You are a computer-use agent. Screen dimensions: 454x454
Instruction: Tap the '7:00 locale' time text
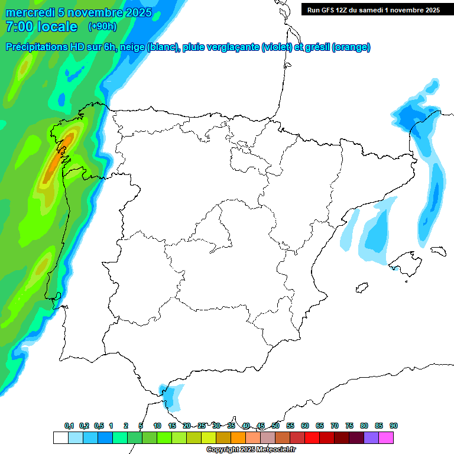click(x=41, y=27)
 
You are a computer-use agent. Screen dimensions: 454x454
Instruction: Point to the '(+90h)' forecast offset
click(x=102, y=27)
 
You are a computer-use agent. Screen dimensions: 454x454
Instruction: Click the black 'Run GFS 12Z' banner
click(x=373, y=9)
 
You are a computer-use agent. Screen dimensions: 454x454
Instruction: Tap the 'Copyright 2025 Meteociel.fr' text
click(x=251, y=450)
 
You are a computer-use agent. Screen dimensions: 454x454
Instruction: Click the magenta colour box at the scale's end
click(x=386, y=437)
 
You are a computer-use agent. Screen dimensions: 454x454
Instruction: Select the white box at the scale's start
click(x=60, y=437)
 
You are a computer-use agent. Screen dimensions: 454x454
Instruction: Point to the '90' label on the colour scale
click(x=393, y=426)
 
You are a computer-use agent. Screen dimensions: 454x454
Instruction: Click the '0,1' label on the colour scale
click(x=69, y=426)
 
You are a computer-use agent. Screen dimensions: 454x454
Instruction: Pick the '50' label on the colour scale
click(x=275, y=426)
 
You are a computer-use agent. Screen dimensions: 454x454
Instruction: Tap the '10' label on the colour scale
click(x=157, y=426)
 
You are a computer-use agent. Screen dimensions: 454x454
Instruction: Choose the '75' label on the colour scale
click(x=349, y=426)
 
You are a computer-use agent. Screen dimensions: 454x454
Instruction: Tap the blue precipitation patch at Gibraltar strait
click(x=172, y=396)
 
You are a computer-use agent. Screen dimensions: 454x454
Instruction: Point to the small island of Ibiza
click(x=361, y=288)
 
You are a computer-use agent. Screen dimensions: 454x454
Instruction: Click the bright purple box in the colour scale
click(x=371, y=437)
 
